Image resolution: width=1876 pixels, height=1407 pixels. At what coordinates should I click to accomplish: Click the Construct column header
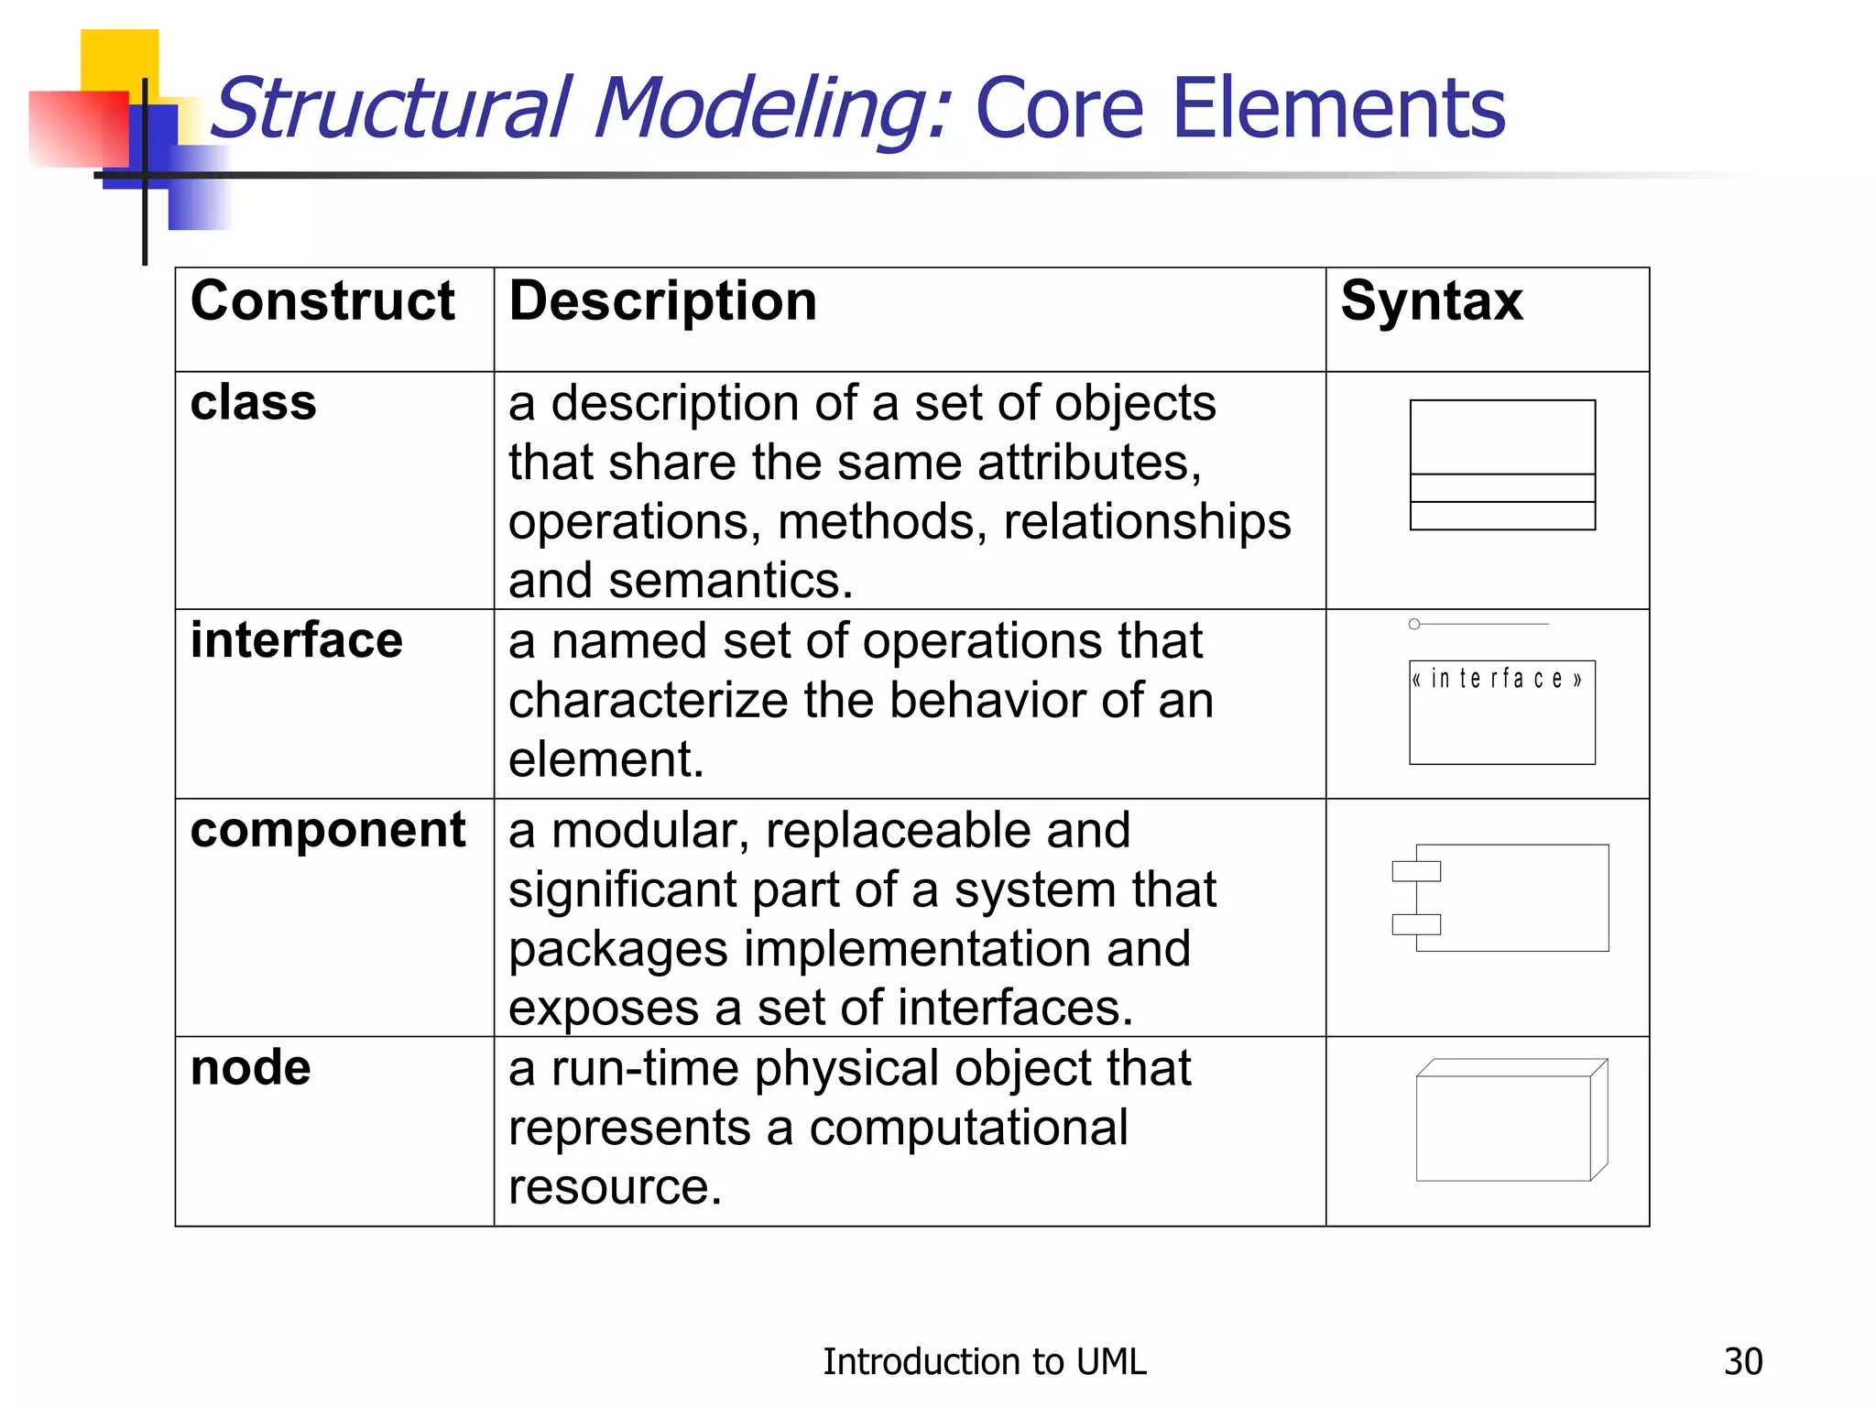(322, 302)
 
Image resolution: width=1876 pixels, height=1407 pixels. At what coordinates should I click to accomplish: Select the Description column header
(662, 302)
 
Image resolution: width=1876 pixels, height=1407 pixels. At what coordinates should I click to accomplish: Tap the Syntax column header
(1431, 302)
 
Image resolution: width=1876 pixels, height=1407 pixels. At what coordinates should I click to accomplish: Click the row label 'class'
(253, 403)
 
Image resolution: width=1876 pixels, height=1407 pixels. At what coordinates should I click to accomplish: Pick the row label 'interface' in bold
(296, 640)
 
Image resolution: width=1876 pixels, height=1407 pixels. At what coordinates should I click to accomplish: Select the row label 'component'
(327, 831)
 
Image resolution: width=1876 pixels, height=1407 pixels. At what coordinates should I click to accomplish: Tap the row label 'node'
(250, 1068)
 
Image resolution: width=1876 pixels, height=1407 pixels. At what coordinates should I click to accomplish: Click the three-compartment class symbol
(1502, 464)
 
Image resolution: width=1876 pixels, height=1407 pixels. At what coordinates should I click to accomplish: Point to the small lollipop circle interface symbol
(1414, 624)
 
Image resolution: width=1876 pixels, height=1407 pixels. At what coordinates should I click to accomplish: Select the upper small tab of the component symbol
(1416, 870)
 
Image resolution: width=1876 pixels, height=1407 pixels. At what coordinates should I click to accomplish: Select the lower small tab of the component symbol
(1416, 924)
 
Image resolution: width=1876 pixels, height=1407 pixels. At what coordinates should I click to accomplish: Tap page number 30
(1742, 1362)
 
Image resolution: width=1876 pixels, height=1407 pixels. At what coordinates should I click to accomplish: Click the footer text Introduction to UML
(984, 1362)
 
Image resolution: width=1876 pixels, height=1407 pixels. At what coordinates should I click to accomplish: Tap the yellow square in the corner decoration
(119, 59)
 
